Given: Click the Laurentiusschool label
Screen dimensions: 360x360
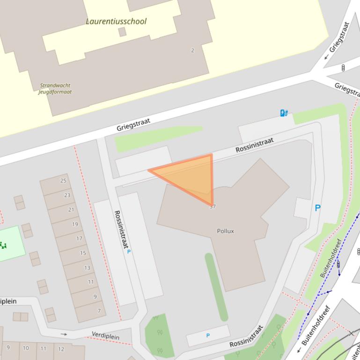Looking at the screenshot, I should click(x=116, y=22).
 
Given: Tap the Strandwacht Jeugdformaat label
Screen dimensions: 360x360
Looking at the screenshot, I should click(x=55, y=88).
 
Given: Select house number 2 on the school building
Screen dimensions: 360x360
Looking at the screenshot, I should click(x=192, y=50).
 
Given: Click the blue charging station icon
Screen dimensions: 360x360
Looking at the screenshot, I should click(x=284, y=113).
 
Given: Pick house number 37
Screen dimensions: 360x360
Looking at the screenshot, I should click(x=213, y=206).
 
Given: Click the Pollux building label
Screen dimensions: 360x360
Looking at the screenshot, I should click(x=226, y=231).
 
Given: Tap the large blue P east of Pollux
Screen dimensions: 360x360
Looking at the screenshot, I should click(x=318, y=208).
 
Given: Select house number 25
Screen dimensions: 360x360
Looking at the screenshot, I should click(x=63, y=180).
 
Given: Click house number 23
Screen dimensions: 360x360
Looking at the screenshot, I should click(x=67, y=195).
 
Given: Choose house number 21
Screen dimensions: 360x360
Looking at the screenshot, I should click(x=71, y=210).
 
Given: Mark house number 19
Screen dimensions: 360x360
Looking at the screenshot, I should click(x=75, y=224).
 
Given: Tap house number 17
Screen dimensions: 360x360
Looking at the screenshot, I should click(x=79, y=238).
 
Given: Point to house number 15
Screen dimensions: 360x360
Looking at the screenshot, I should click(x=83, y=253).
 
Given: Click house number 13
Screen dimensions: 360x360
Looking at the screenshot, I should click(x=87, y=268).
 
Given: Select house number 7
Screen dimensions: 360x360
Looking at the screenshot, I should click(x=99, y=310).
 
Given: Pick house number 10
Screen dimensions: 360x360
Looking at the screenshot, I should click(x=26, y=348).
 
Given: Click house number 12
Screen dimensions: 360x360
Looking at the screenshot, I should click(x=61, y=349).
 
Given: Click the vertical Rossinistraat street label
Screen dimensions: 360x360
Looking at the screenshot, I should click(x=123, y=229).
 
